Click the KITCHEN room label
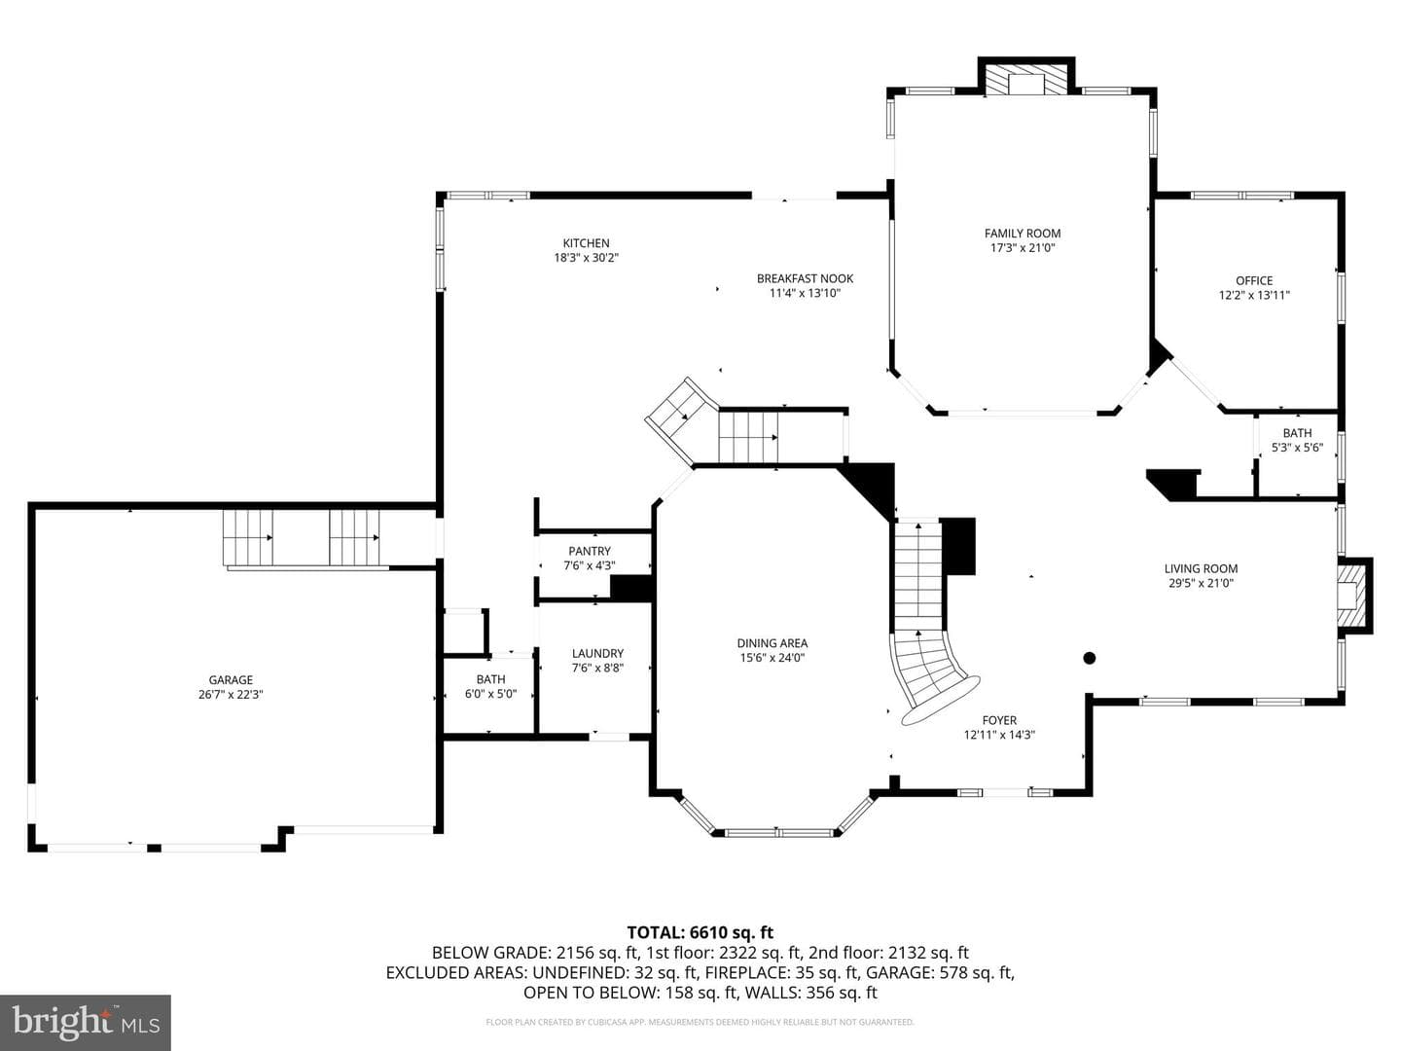tap(586, 243)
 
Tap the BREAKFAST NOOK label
tap(805, 278)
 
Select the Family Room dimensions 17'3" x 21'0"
tap(1023, 248)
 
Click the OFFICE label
tap(1254, 281)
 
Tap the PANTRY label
tap(590, 551)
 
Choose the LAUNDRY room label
tap(597, 653)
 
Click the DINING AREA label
tap(772, 643)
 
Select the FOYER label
tap(999, 720)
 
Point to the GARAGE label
tap(231, 680)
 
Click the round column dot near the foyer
tap(1090, 658)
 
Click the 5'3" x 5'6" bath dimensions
tap(1298, 448)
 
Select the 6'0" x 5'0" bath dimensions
tap(490, 694)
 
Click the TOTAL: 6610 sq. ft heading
tap(700, 933)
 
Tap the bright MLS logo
tap(86, 1022)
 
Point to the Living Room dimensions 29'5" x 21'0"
tap(1202, 583)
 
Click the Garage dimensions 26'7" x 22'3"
tap(231, 695)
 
